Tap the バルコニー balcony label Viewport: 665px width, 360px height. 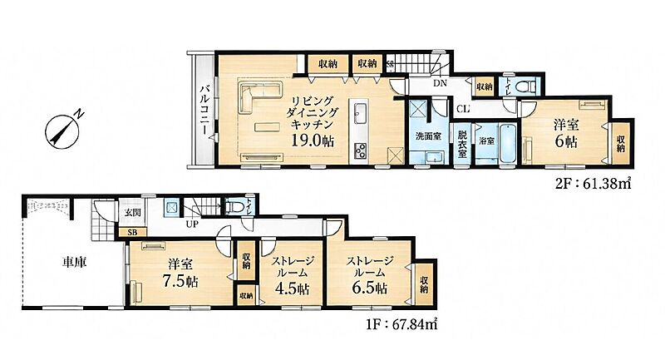(x=204, y=110)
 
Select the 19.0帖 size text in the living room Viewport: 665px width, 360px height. (x=313, y=140)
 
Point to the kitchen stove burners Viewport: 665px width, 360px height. (x=361, y=151)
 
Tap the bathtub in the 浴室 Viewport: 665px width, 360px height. (x=508, y=143)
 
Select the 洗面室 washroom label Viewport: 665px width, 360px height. (x=427, y=136)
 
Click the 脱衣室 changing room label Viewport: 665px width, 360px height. (x=462, y=143)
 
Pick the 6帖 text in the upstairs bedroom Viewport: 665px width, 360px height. (x=566, y=141)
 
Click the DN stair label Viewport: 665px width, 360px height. (x=441, y=83)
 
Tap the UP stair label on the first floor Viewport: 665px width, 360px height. (x=192, y=224)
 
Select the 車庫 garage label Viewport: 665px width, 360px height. (x=75, y=263)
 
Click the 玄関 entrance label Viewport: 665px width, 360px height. (x=130, y=213)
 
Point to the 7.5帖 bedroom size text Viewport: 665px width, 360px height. (x=180, y=282)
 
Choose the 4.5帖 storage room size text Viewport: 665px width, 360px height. (x=293, y=288)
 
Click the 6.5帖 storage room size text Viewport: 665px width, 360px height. (x=369, y=288)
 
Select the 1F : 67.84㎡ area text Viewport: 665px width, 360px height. (x=401, y=324)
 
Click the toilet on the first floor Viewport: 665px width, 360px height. (x=236, y=207)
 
